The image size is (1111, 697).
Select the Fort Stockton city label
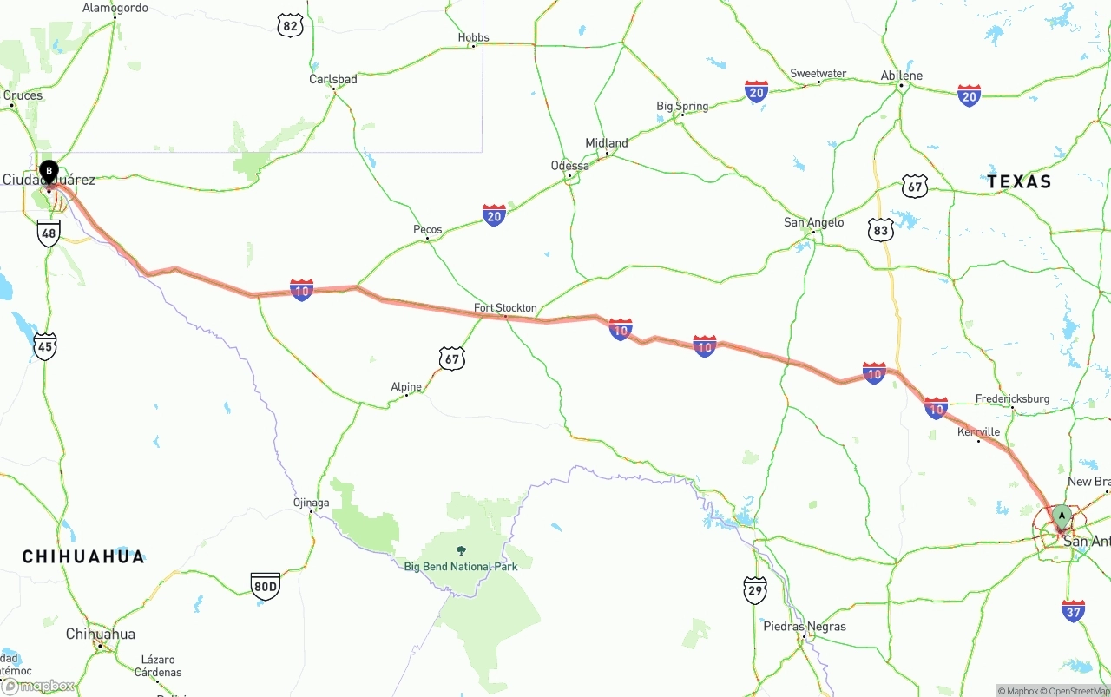click(x=505, y=308)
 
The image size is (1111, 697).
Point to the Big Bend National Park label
click(x=461, y=567)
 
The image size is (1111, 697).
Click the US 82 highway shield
click(x=291, y=25)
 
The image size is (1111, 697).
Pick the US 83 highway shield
click(x=881, y=229)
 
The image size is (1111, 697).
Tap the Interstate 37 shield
click(x=1073, y=610)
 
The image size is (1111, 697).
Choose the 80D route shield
click(x=265, y=586)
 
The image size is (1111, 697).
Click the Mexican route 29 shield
click(x=755, y=590)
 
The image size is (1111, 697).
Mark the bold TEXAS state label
click(x=1019, y=181)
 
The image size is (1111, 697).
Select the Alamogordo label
click(x=115, y=9)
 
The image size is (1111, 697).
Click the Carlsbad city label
click(x=333, y=79)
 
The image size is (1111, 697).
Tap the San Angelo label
click(x=813, y=223)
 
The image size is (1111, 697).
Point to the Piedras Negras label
click(x=805, y=627)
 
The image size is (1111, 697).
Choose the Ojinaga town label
click(x=311, y=503)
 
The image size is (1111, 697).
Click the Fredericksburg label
click(x=1012, y=399)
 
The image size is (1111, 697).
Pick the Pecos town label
click(x=427, y=230)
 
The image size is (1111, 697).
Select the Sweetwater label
click(x=818, y=74)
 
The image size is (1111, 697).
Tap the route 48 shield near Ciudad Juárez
click(x=49, y=233)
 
